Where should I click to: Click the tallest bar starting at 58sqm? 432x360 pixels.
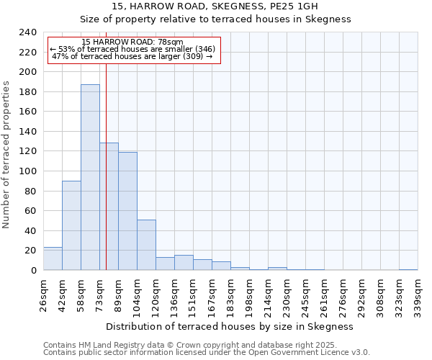(x=90, y=177)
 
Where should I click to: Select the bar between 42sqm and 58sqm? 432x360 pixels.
(x=71, y=225)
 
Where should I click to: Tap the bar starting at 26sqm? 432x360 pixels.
(x=53, y=258)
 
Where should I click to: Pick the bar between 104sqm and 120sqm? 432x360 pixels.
(x=146, y=245)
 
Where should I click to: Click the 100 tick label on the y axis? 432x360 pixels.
(x=29, y=72)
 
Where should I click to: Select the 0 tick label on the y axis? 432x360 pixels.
(x=34, y=270)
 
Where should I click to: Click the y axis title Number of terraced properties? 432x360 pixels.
(x=6, y=154)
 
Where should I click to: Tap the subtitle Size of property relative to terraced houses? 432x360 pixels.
(x=215, y=19)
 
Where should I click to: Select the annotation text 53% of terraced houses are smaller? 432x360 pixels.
(x=132, y=50)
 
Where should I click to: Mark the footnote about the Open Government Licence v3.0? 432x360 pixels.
(x=207, y=352)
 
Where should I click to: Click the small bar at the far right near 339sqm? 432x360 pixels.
(x=408, y=269)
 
